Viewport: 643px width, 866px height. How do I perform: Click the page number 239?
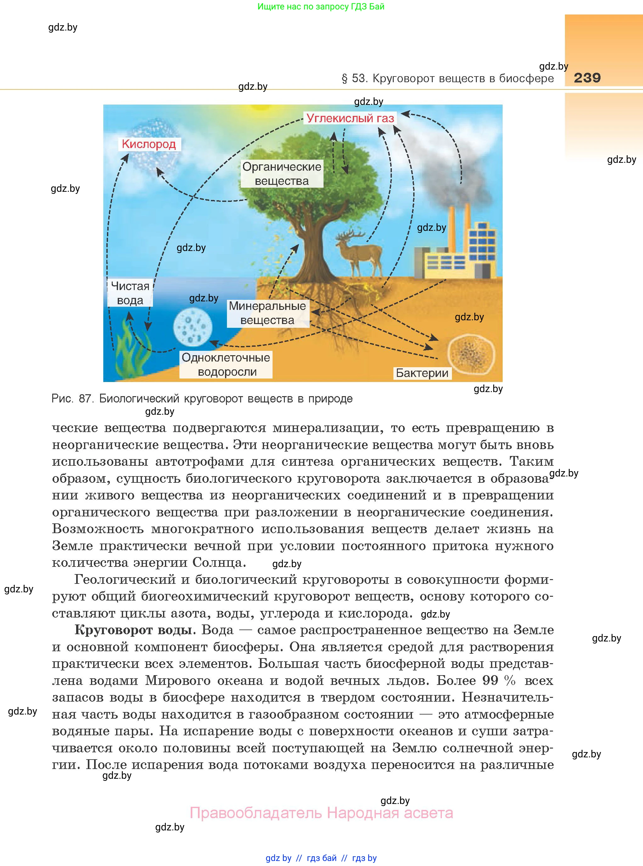[x=587, y=78]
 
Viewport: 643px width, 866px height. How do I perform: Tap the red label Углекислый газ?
[x=350, y=118]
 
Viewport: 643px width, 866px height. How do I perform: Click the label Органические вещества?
[x=282, y=174]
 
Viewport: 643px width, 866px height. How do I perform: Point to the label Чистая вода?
[x=130, y=293]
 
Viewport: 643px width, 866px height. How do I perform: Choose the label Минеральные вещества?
[x=268, y=313]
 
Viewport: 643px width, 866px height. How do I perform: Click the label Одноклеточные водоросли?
[x=226, y=364]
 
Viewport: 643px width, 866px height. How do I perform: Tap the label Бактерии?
[x=422, y=373]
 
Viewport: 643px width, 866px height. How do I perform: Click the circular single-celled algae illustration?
[x=193, y=327]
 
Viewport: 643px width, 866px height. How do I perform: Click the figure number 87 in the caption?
[x=85, y=399]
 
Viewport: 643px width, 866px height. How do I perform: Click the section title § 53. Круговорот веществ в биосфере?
[x=447, y=78]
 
